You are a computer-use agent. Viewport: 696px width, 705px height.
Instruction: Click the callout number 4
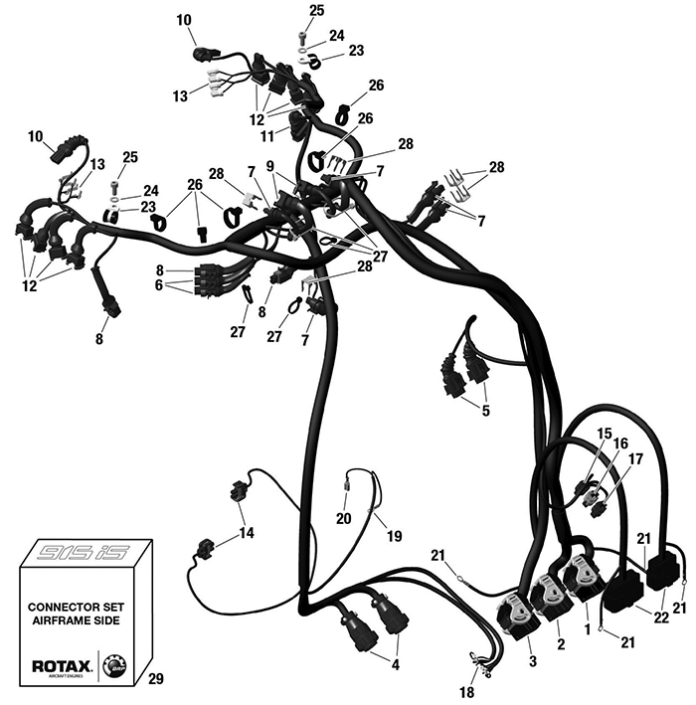pos(398,664)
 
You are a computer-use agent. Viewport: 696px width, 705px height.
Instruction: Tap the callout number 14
pos(246,533)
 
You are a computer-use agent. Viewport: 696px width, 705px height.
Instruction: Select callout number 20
pos(343,518)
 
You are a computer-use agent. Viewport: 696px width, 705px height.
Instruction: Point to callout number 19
pos(394,536)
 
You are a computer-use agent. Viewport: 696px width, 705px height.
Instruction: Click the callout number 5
pos(485,410)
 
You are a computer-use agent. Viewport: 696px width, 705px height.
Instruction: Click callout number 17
pos(634,459)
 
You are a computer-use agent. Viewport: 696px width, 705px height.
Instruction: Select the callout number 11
pos(265,133)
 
